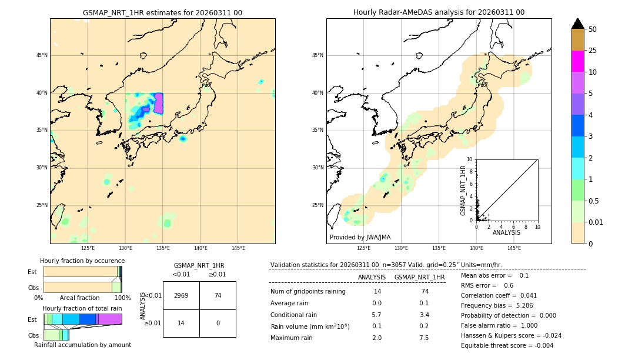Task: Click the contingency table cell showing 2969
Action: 181,295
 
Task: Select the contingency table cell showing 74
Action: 218,295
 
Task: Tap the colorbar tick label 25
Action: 593,51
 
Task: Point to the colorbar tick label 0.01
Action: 596,222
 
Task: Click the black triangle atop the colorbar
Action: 578,24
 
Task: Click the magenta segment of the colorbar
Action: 578,61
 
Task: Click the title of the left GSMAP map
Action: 162,12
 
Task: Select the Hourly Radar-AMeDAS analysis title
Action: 439,12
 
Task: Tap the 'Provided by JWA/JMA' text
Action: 360,237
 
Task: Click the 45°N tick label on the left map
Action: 42,55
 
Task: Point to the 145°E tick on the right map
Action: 514,248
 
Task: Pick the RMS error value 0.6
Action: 508,285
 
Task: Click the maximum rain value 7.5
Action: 423,338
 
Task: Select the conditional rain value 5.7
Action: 376,315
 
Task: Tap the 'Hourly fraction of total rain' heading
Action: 82,308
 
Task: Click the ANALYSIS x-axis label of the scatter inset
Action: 506,232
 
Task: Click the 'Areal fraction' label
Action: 81,298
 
